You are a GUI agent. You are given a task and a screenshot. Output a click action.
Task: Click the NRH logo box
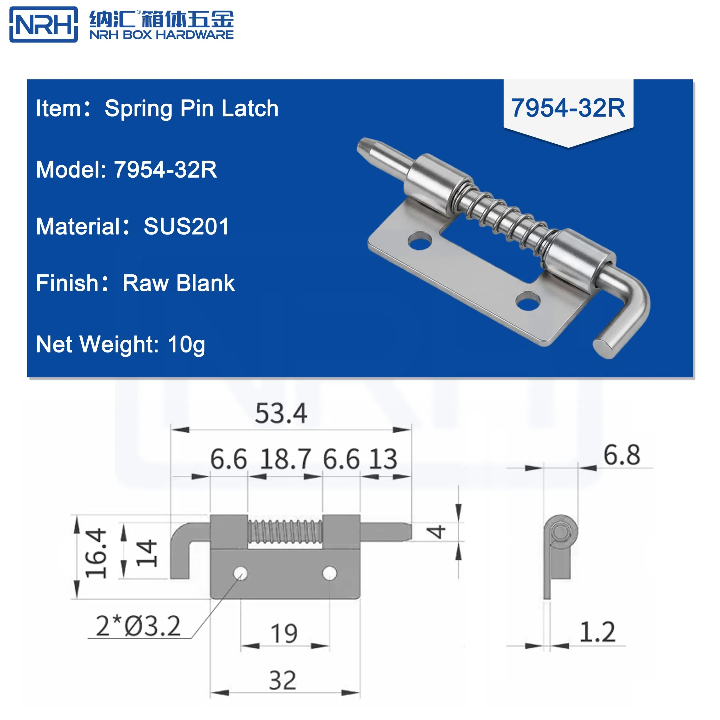[x=43, y=25]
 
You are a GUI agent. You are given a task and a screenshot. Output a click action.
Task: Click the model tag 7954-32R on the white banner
[x=568, y=108]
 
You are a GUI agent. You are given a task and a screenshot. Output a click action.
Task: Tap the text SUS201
[x=186, y=226]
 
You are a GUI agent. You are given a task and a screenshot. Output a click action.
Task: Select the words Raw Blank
[x=179, y=283]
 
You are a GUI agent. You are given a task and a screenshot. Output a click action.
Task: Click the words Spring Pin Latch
[x=191, y=109]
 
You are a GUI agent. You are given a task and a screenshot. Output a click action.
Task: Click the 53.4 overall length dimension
[x=281, y=413]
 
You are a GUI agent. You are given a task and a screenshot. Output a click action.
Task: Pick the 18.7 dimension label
[x=285, y=459]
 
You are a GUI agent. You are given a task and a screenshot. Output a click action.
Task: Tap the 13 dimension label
[x=384, y=459]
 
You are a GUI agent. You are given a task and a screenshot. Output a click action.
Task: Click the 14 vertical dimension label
[x=146, y=554]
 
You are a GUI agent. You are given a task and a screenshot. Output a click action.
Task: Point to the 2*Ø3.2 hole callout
[x=138, y=626]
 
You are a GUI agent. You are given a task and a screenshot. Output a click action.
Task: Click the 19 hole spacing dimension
[x=284, y=633]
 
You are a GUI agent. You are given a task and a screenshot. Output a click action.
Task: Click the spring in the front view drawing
[x=285, y=532]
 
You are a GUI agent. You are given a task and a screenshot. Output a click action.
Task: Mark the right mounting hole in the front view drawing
[x=329, y=573]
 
